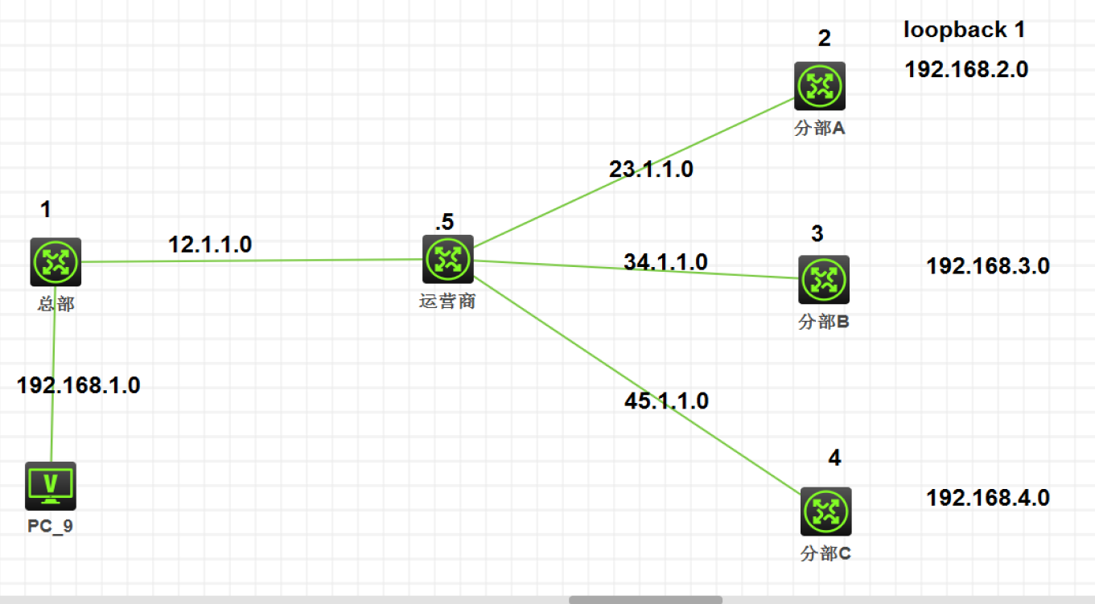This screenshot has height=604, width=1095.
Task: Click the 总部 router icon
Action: [56, 261]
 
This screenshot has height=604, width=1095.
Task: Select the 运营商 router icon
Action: [447, 259]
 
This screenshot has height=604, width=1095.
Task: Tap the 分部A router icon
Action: [820, 86]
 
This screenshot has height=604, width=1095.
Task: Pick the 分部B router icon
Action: [823, 280]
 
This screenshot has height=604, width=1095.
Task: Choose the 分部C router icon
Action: [825, 512]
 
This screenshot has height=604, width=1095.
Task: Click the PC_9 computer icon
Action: [51, 486]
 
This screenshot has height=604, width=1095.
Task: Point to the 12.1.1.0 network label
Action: [210, 244]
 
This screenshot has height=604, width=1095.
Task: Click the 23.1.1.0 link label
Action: [651, 170]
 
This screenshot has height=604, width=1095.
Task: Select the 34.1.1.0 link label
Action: [665, 261]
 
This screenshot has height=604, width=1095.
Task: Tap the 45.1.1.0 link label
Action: [666, 401]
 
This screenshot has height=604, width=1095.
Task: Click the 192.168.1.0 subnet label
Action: [78, 385]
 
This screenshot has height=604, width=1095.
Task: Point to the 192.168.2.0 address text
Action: [966, 69]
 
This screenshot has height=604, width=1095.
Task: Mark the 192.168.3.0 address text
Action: [988, 266]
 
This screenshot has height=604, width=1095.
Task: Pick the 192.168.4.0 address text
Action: [988, 498]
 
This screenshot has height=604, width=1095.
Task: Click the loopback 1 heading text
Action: [964, 31]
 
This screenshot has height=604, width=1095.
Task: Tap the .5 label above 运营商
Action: [443, 223]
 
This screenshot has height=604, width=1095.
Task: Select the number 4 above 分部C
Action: [834, 458]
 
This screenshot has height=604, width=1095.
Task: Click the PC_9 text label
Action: [52, 527]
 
